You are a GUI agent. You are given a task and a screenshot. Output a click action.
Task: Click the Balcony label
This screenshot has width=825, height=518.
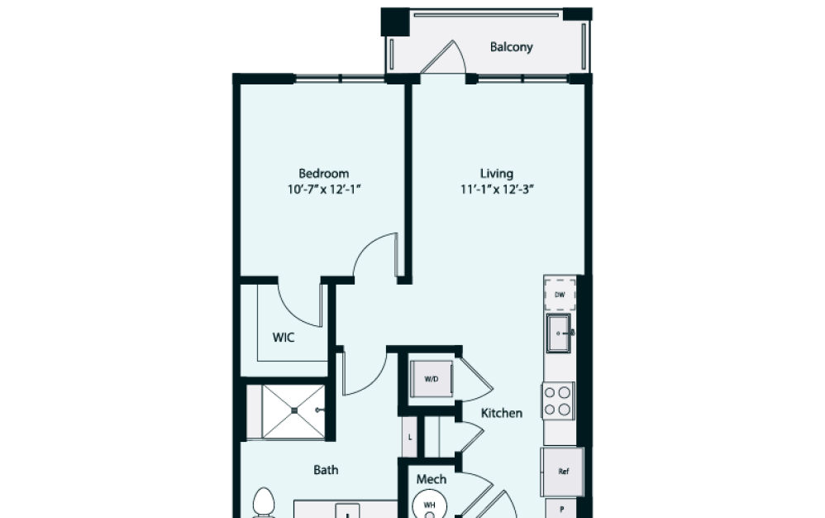(511, 47)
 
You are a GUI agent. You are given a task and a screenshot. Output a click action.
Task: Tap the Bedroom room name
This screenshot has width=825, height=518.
(323, 174)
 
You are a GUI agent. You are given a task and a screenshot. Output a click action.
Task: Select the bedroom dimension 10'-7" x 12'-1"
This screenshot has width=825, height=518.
(323, 189)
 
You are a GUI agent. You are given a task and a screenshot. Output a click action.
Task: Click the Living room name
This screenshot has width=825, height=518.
(497, 174)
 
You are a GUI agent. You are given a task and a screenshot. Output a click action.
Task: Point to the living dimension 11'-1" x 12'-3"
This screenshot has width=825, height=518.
(497, 189)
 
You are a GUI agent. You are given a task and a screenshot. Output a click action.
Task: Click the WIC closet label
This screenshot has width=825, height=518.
(284, 338)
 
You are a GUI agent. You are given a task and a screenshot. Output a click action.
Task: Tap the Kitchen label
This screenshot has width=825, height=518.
(502, 412)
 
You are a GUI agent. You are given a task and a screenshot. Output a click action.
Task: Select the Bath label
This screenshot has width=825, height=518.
(326, 470)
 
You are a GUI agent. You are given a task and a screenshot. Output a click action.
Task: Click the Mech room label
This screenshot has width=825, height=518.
(431, 479)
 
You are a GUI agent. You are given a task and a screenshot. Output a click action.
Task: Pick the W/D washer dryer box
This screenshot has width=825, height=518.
(432, 380)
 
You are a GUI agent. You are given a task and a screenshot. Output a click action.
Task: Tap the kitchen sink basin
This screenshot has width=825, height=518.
(559, 333)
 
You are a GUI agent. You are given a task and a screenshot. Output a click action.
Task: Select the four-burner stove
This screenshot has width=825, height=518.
(560, 400)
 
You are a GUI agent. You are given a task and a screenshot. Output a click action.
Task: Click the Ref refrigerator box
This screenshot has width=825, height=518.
(563, 472)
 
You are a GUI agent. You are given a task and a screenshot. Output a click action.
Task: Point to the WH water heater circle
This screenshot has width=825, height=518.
(429, 504)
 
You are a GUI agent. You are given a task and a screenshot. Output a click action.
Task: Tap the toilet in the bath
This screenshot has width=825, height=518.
(263, 503)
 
